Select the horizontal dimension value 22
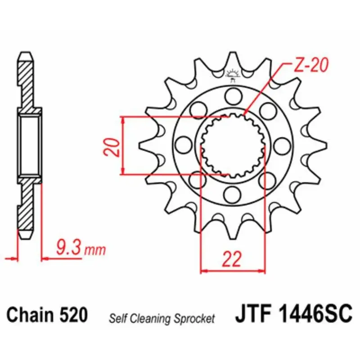tap(232, 259)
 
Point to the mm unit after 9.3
tap(95, 250)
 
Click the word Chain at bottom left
tap(30, 314)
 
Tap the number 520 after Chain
tap(73, 314)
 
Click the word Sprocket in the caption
tap(194, 319)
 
